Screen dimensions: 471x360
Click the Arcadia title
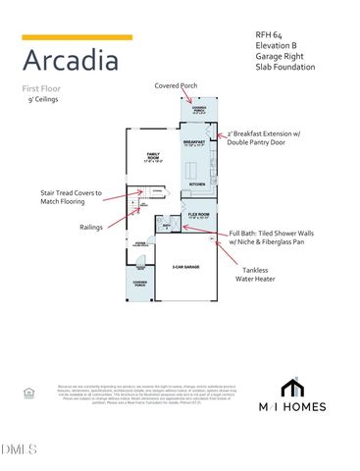click(72, 61)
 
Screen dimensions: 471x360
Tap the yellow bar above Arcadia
click(77, 37)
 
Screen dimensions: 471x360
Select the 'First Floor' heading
click(44, 89)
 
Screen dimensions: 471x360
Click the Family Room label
click(153, 156)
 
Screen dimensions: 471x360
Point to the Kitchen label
click(196, 183)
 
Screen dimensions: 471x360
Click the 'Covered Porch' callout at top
click(176, 85)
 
